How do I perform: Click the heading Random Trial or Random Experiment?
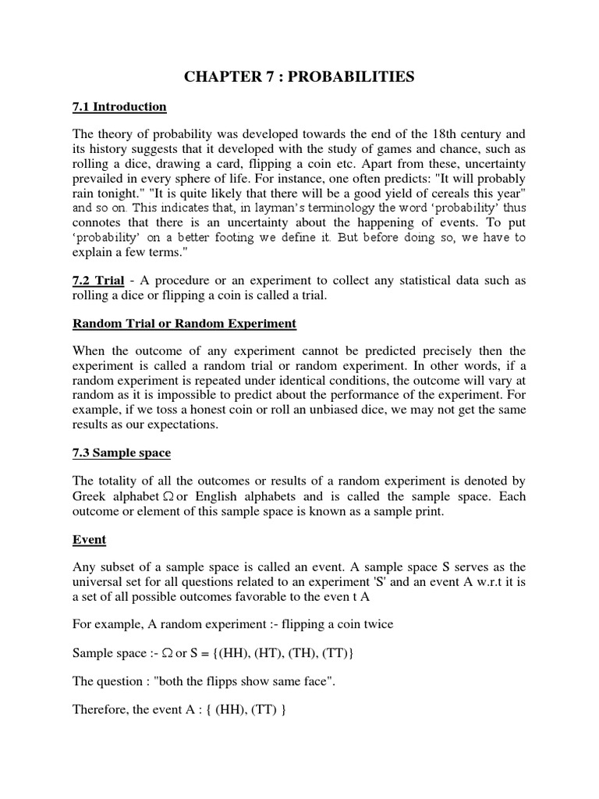point(184,324)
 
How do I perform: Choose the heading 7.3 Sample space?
point(121,453)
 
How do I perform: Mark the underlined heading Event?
point(89,539)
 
